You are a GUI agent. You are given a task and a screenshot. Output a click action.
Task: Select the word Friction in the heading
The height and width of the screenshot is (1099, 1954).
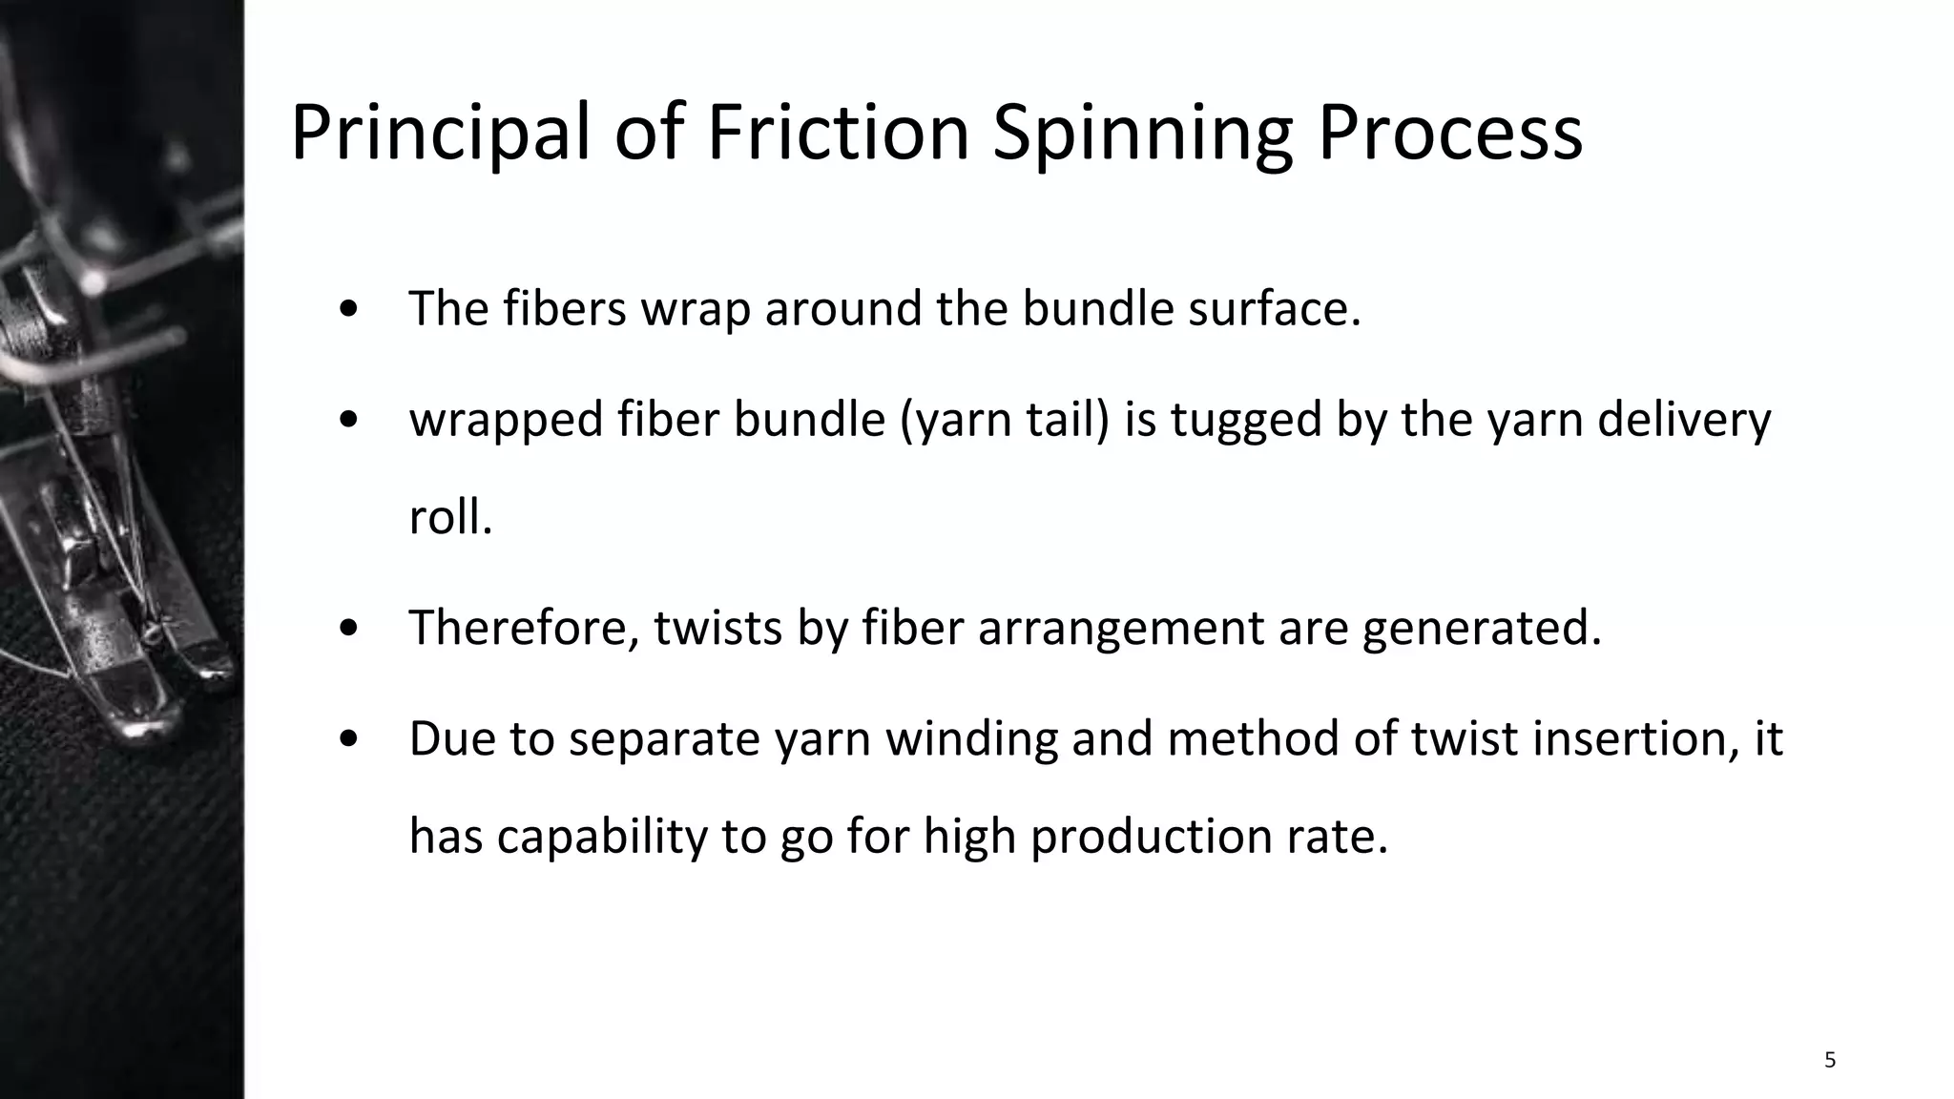(x=838, y=133)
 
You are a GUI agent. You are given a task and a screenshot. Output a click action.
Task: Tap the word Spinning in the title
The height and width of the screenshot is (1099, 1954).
(x=1142, y=133)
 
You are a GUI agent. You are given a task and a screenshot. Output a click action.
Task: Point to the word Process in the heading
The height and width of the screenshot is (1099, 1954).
(x=1449, y=133)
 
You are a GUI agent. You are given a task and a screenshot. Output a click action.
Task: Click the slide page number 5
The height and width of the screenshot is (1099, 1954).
(x=1829, y=1060)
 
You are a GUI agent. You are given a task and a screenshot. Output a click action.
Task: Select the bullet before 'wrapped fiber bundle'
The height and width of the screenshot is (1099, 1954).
(x=349, y=420)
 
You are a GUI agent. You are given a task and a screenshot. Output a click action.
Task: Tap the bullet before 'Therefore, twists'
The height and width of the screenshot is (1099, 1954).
(x=349, y=628)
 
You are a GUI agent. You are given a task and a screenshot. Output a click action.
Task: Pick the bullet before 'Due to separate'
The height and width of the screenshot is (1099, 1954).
(x=349, y=739)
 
